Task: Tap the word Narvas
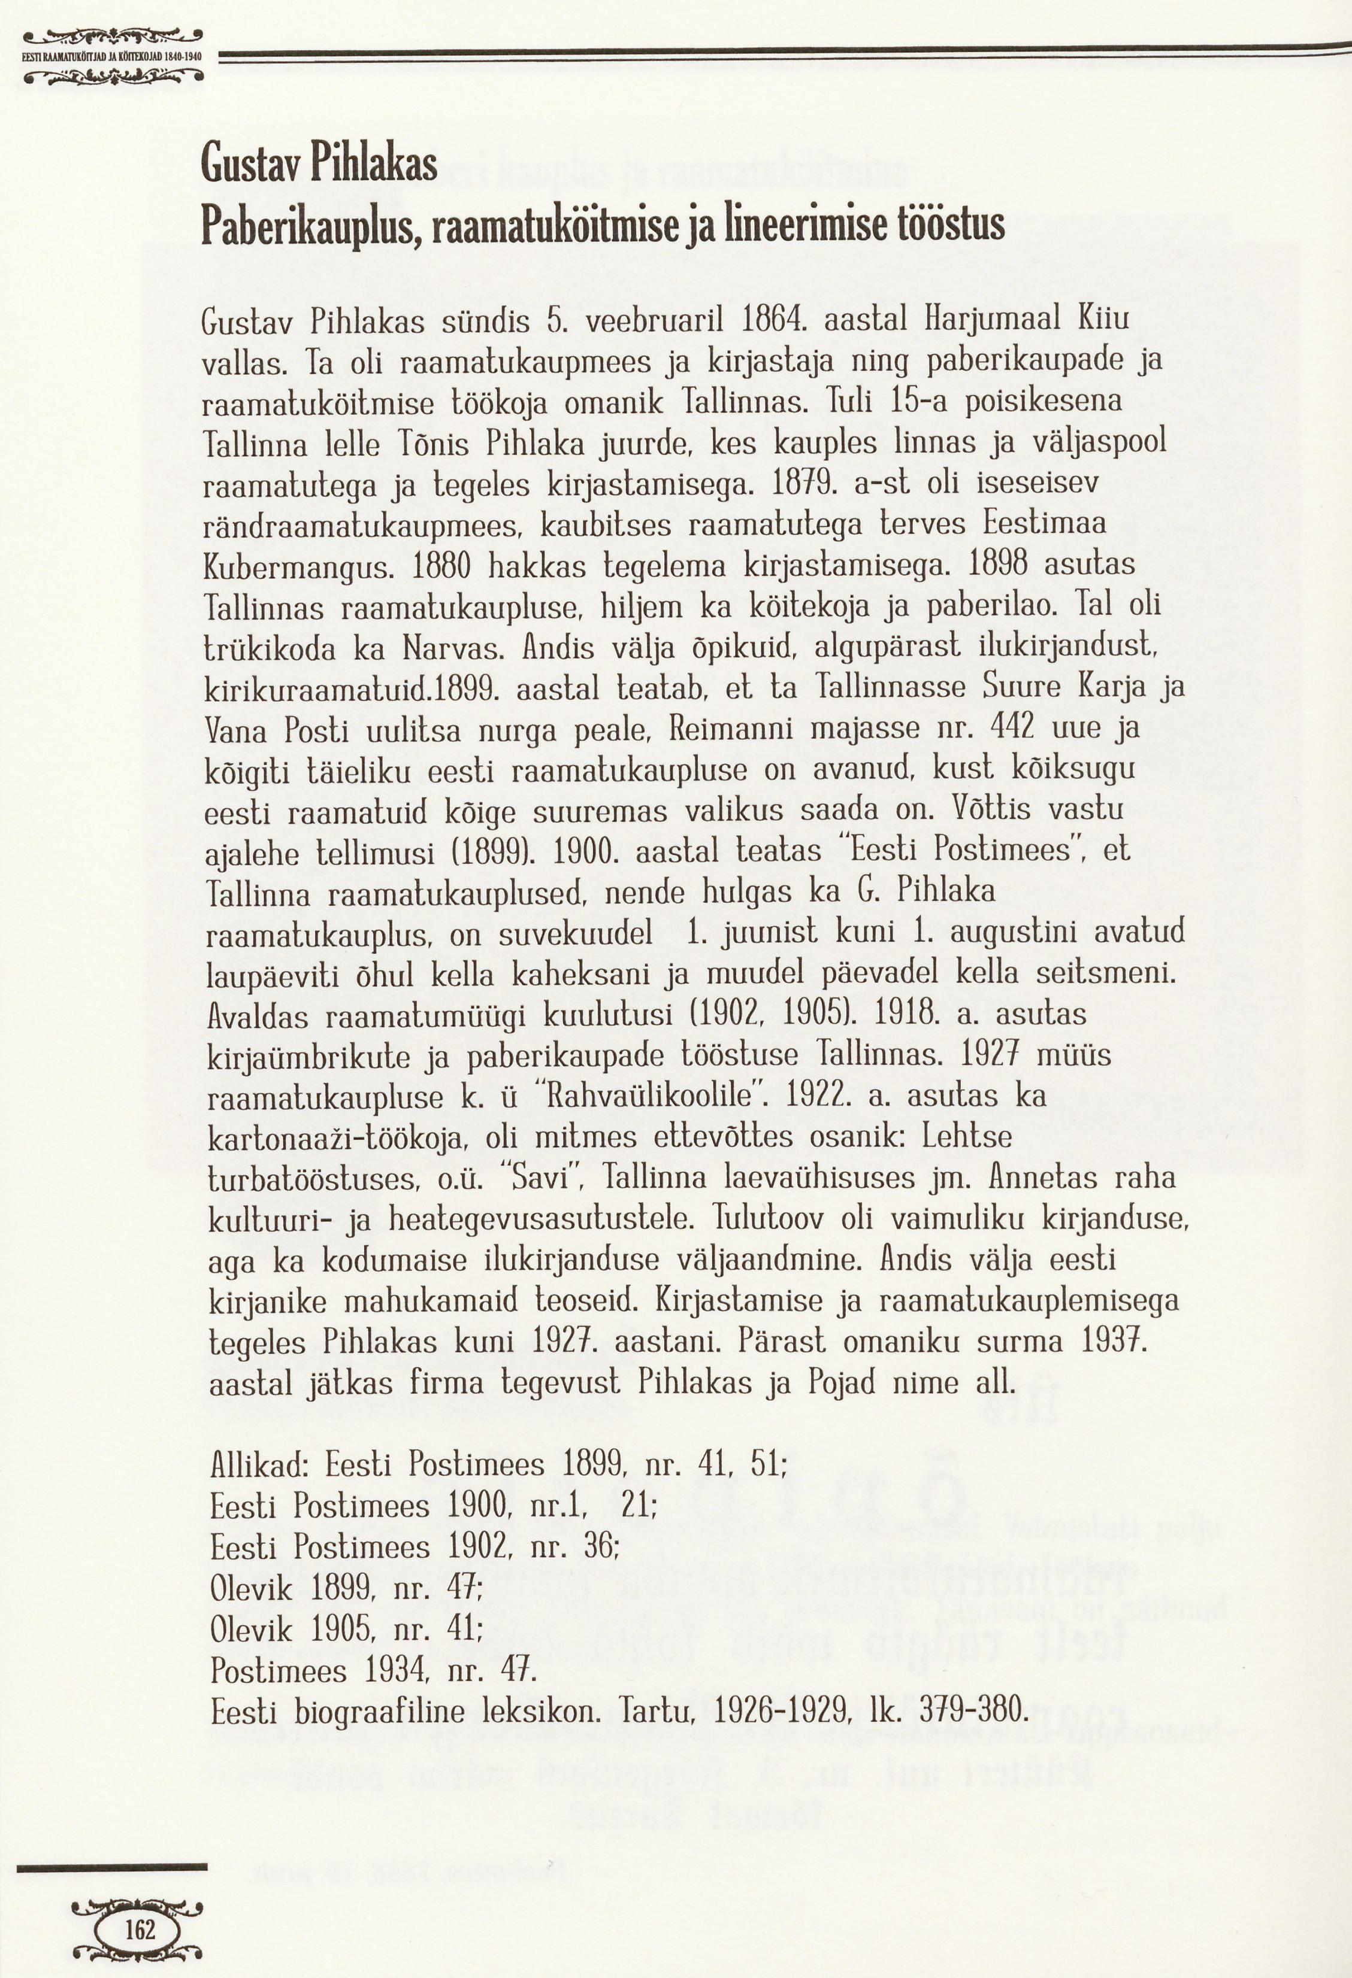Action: click(x=454, y=650)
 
